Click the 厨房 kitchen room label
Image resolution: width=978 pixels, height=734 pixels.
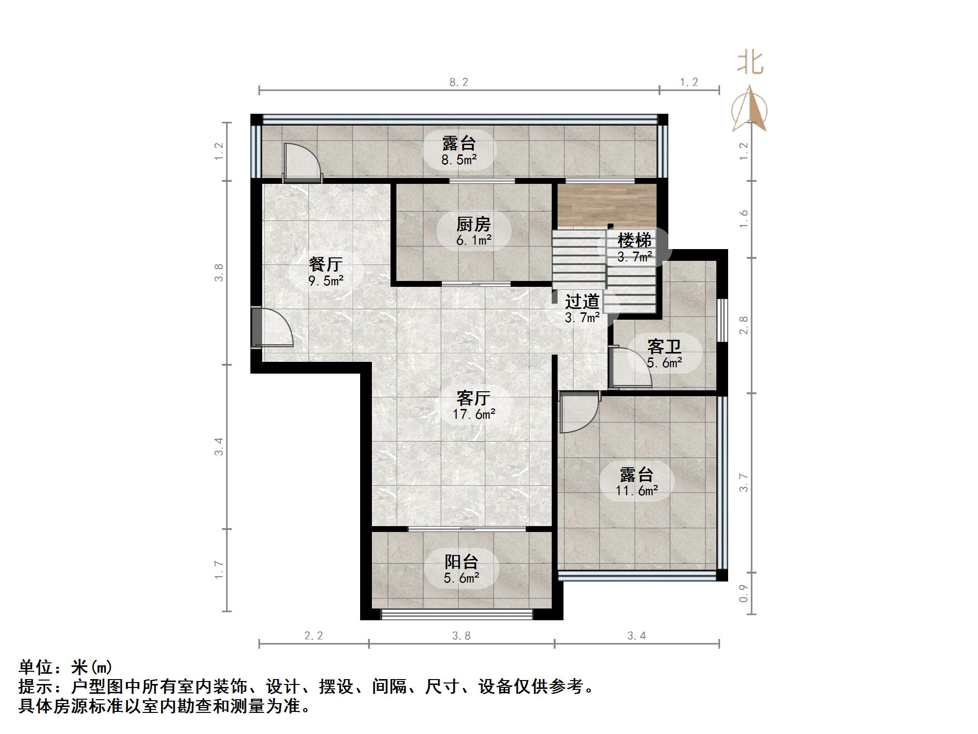(x=473, y=225)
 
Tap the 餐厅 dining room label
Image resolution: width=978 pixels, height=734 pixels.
(x=326, y=264)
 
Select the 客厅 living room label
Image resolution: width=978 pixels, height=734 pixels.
(x=473, y=398)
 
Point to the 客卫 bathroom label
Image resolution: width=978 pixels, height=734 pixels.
(x=664, y=347)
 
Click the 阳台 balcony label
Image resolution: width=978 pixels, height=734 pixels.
(x=461, y=562)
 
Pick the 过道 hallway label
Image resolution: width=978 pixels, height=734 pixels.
(x=582, y=301)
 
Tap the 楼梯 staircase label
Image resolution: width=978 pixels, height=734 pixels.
(x=635, y=240)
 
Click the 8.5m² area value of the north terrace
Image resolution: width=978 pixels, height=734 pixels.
(x=459, y=159)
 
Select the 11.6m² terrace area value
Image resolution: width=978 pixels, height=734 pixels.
(x=636, y=490)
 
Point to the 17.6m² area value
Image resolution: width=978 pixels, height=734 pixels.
(x=474, y=414)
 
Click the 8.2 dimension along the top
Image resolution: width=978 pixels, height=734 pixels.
(x=459, y=82)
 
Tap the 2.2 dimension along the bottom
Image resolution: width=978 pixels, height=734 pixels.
(x=314, y=636)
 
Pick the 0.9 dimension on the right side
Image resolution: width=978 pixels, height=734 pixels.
(x=744, y=593)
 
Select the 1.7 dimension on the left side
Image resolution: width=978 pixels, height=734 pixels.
(x=219, y=570)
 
